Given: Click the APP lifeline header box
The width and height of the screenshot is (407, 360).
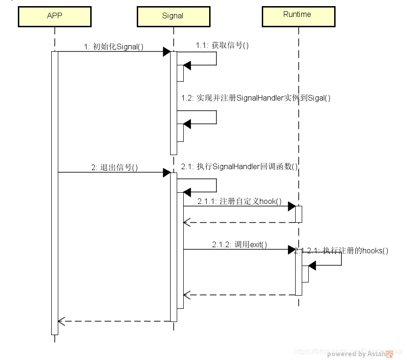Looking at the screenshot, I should pos(55,16).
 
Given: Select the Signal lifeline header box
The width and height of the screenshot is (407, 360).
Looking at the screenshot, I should pos(173,16).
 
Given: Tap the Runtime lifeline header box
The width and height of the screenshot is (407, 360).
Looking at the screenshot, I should pos(297,15).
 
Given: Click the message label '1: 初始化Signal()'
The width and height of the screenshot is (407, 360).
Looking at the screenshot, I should pos(113,47).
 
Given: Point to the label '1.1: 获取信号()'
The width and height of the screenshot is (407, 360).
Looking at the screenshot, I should pos(222,45).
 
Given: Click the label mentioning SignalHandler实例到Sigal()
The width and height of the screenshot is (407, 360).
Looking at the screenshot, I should pos(256,98).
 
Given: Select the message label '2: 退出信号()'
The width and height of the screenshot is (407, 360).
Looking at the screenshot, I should pos(115,167).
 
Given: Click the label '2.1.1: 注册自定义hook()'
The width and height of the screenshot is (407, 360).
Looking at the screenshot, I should pos(240,202).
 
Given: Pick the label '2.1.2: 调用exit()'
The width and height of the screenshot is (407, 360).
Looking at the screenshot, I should pos(239,244).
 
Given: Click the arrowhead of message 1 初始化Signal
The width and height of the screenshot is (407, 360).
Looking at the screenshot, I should pos(166,52).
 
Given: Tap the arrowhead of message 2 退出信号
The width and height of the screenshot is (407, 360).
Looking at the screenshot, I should pos(166,172).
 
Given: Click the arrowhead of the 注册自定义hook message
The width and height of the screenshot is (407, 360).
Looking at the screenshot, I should pos(291,206).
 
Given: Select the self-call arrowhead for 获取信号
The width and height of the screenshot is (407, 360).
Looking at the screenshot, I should pos(187,65).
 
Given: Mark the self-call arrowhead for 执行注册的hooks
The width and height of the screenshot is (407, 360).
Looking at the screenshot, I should pos(312,266).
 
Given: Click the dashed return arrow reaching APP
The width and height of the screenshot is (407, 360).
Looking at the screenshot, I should pos(113,321).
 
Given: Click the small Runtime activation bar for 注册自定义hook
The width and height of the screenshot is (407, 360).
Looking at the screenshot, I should pos(298,214).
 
